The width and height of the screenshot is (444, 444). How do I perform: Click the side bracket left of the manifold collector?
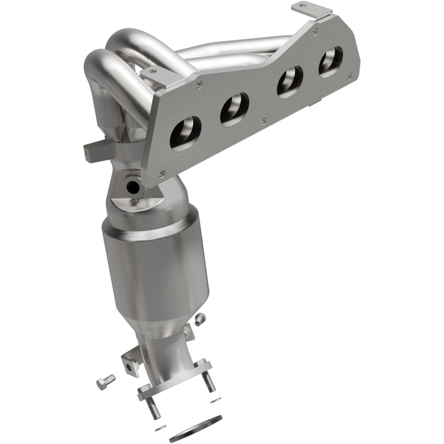pyautogui.click(x=92, y=152)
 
